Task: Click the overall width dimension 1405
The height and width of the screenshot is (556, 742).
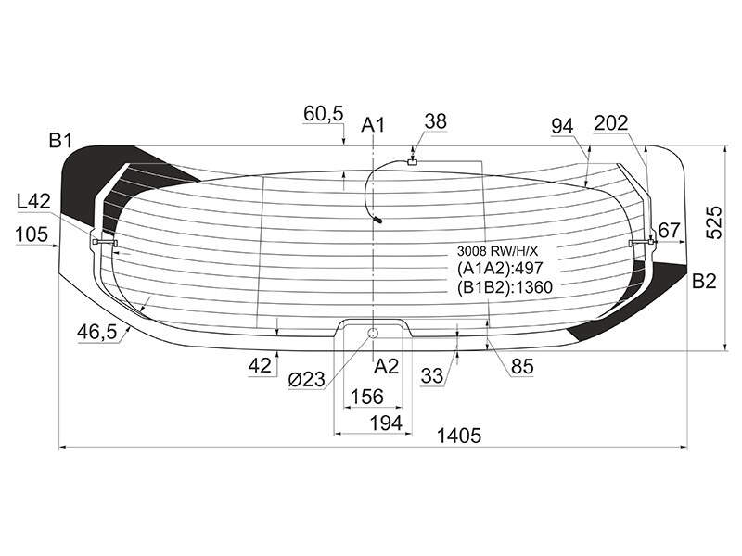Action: (x=458, y=436)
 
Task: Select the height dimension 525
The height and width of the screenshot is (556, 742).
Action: (x=714, y=222)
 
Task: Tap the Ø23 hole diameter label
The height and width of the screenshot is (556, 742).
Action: (x=307, y=379)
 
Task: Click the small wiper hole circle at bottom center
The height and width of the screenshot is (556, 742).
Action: (x=374, y=334)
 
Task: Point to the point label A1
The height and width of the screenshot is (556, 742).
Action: (x=374, y=125)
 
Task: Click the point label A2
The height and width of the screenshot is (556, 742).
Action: (x=387, y=366)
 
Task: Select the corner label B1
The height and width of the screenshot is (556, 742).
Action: (x=60, y=141)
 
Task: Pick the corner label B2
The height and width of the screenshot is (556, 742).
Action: (x=704, y=282)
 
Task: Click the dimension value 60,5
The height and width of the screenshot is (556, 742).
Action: (x=324, y=114)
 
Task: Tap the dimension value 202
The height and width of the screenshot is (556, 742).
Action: (x=611, y=123)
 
